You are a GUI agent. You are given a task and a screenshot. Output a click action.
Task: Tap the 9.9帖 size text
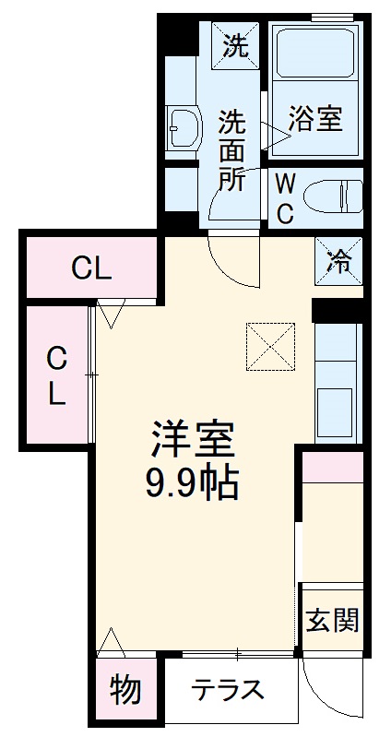tap(193, 482)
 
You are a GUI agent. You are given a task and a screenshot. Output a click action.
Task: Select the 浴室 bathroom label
tap(316, 119)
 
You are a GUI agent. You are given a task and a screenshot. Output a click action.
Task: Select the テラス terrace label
tap(230, 690)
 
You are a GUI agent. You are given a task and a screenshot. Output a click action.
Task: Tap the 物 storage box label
tap(125, 689)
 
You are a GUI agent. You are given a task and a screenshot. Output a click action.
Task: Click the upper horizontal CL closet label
tap(92, 268)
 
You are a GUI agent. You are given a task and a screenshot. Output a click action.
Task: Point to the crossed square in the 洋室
tap(269, 345)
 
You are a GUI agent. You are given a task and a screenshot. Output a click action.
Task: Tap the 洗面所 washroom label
tap(231, 149)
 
